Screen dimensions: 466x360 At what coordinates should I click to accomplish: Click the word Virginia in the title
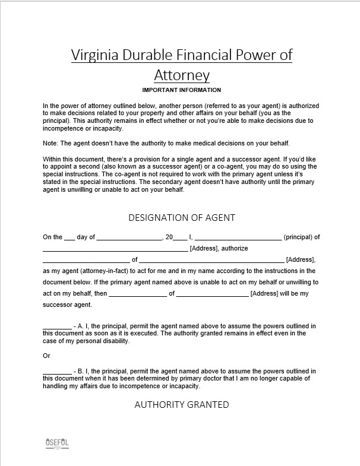pos(92,55)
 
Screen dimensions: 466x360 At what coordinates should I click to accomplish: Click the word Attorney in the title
pos(182,75)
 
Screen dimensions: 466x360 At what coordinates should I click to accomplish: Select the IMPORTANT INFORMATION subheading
pos(182,90)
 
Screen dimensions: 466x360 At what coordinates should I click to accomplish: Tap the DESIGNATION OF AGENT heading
pos(182,218)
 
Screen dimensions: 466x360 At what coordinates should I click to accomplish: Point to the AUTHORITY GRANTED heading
pos(182,404)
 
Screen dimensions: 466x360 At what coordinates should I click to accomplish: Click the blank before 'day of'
pos(70,238)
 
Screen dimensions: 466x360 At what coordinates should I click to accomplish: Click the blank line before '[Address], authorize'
pos(115,249)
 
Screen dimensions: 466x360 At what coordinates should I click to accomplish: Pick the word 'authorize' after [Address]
pos(235,248)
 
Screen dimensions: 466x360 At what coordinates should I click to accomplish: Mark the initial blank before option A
pos(57,327)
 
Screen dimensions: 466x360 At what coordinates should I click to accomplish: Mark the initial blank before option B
pos(57,372)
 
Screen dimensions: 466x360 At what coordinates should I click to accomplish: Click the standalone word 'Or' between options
pos(46,356)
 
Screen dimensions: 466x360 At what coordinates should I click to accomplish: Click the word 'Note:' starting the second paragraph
pos(51,144)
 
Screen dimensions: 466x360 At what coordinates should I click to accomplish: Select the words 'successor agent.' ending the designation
pos(67,305)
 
